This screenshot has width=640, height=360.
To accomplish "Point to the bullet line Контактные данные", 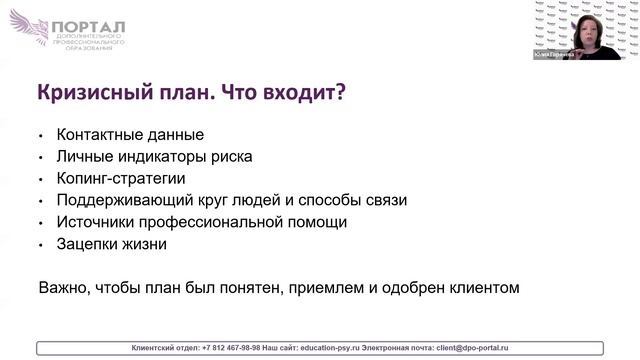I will (130, 134).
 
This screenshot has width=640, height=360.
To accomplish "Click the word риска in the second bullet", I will (232, 156).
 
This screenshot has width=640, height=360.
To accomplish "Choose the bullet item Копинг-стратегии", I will (121, 178).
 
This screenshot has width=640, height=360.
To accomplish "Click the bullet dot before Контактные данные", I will (41, 135).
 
